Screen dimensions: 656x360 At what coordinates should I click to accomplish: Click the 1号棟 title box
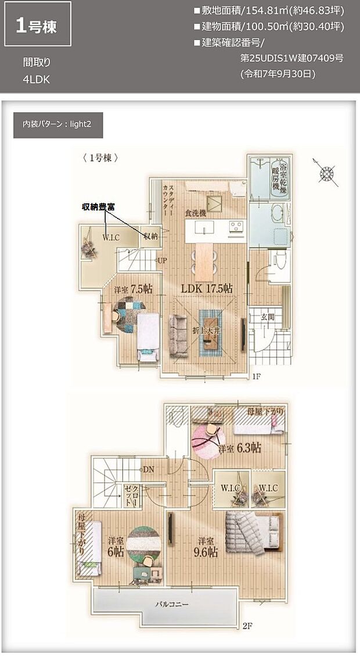click(x=38, y=25)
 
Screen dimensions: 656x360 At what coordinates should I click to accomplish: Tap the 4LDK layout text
click(x=36, y=78)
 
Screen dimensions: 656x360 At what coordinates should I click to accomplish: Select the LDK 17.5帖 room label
click(x=207, y=288)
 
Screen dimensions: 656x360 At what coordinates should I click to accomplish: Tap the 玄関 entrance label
click(x=268, y=317)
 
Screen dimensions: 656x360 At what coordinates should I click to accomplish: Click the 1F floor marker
click(x=257, y=377)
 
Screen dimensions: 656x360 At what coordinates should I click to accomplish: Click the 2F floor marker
click(x=248, y=626)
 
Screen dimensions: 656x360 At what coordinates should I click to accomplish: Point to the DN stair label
click(x=149, y=468)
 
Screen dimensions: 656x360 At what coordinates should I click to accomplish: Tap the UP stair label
click(x=163, y=261)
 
